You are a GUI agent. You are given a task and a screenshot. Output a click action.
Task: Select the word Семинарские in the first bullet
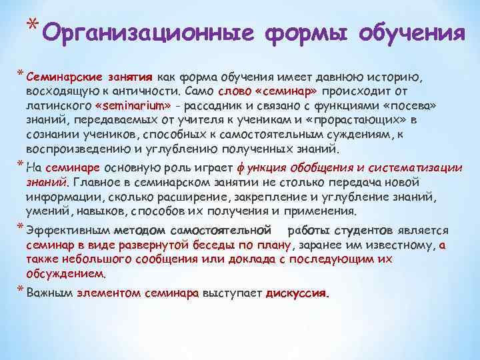click(x=57, y=77)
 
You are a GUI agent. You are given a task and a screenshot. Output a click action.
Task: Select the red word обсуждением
click(x=65, y=274)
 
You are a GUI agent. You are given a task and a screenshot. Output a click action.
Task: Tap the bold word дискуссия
click(x=297, y=293)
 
